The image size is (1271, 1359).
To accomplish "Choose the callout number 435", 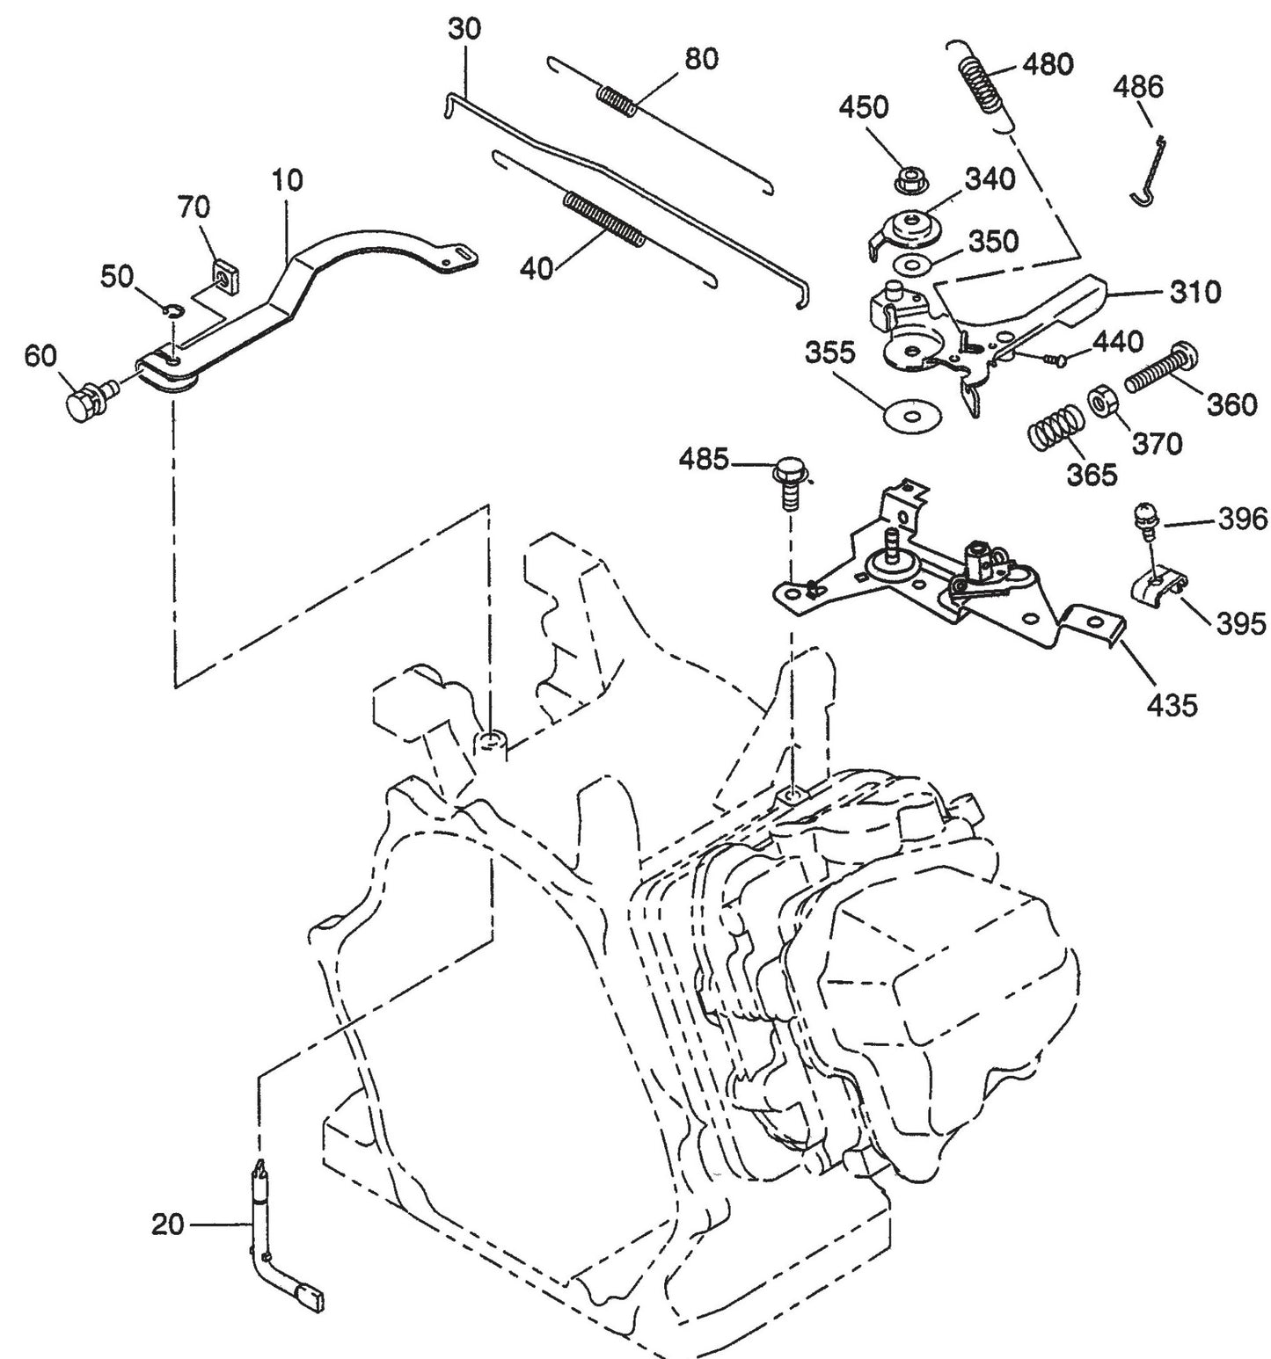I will pyautogui.click(x=1172, y=704).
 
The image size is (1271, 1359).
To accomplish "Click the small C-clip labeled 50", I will pyautogui.click(x=174, y=309).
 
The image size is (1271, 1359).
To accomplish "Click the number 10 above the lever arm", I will pyautogui.click(x=287, y=180).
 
